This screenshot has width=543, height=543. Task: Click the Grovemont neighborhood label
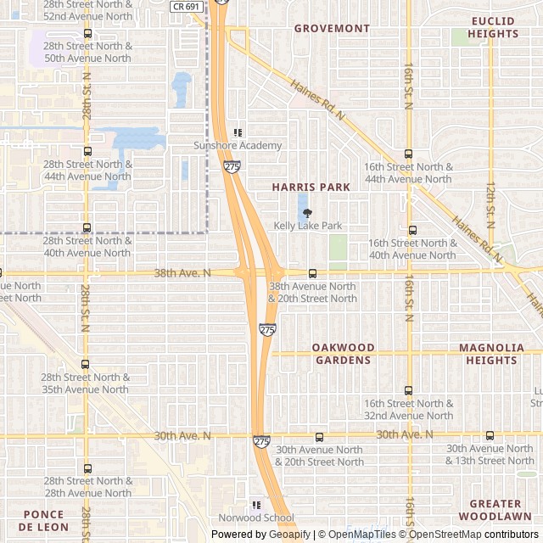pos(332,28)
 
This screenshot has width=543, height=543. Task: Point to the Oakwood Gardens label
pos(343,354)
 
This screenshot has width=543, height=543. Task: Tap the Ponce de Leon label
pos(43,520)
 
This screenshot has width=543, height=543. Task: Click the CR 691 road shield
pos(185,6)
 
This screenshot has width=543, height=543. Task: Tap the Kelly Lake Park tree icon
pos(307,212)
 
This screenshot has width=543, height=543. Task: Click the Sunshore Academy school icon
pos(238,132)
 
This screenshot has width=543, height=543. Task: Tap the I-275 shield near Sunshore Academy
pos(232,166)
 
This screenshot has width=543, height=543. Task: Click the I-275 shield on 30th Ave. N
pos(261,441)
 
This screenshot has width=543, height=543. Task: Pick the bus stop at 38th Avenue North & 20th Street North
pos(312,273)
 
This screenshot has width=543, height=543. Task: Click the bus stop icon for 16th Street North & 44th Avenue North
pos(408,154)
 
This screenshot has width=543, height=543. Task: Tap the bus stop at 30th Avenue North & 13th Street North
pos(490,435)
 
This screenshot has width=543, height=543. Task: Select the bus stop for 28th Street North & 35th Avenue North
pos(87,364)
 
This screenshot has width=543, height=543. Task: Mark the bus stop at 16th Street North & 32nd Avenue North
pos(408,390)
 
